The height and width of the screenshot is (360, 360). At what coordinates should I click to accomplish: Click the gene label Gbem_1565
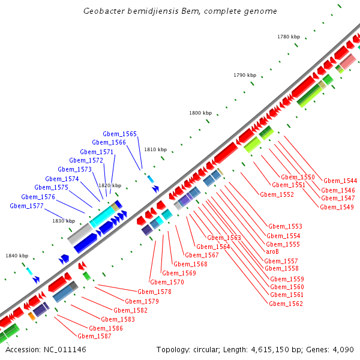(x=119, y=134)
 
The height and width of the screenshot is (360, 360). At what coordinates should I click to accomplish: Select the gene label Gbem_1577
(x=26, y=206)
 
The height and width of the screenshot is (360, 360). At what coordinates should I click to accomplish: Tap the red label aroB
(x=272, y=252)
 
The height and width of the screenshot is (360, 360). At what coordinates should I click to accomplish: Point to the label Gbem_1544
(x=340, y=181)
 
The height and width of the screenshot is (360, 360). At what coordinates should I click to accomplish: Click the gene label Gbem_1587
(x=94, y=336)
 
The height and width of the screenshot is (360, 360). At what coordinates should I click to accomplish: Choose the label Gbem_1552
(x=277, y=194)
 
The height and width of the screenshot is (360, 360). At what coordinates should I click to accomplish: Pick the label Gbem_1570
(x=167, y=282)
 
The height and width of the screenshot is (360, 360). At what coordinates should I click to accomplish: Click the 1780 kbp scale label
(x=288, y=37)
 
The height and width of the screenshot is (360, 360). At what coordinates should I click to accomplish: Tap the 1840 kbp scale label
(x=17, y=256)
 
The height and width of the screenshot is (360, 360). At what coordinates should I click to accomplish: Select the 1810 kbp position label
(x=155, y=149)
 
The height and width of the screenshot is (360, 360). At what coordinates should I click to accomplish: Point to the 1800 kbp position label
(x=200, y=113)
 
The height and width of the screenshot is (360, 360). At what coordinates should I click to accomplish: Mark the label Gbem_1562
(x=286, y=304)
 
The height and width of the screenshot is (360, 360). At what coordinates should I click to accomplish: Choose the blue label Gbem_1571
(x=97, y=152)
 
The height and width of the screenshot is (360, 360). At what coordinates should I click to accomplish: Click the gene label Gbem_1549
(x=337, y=207)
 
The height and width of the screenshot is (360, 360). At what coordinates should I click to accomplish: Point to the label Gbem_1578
(x=154, y=292)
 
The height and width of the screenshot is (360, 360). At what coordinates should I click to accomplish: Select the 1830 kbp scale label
(x=63, y=221)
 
